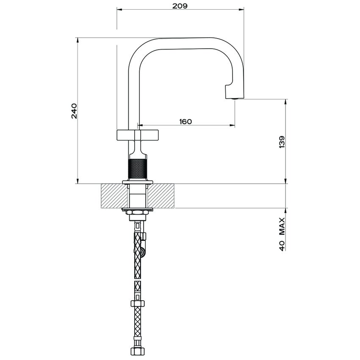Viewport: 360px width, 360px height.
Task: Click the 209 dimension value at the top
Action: point(180,6)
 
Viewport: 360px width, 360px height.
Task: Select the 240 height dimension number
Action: point(74,111)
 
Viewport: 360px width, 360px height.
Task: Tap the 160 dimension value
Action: point(186,122)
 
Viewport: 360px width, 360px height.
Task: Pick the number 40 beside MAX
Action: point(282,245)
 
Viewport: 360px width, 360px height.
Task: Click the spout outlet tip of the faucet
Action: point(234,98)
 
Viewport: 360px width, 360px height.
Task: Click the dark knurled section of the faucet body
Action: point(137,169)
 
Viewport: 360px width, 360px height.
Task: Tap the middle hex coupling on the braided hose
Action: point(138,303)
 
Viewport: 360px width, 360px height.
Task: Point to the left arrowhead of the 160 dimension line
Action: point(140,125)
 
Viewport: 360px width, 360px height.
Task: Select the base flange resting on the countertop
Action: point(137,182)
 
